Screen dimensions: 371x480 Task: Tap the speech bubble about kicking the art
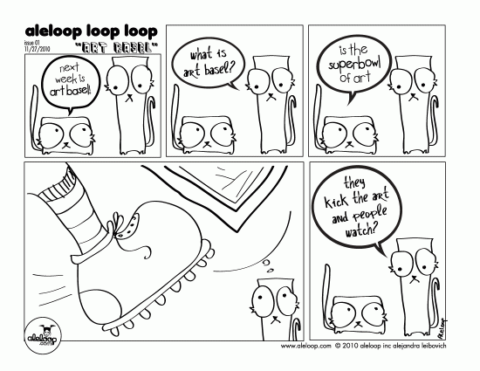pyautogui.click(x=353, y=210)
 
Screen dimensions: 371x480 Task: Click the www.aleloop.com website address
pyautogui.click(x=305, y=345)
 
